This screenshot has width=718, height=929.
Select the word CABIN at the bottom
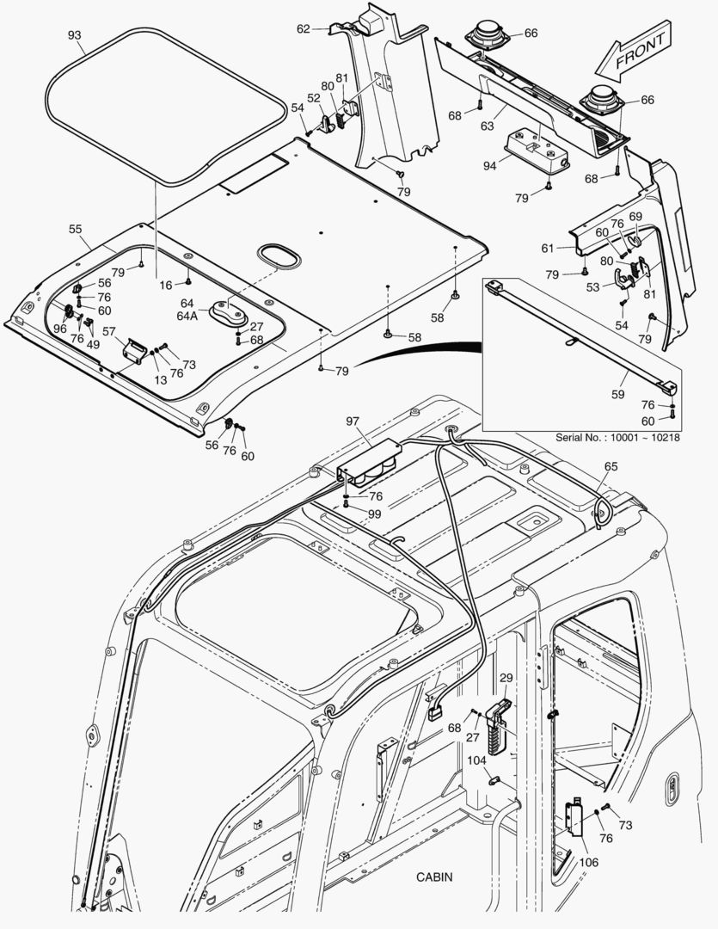pyautogui.click(x=434, y=877)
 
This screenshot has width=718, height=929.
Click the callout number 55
pyautogui.click(x=76, y=229)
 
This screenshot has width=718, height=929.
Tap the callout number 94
pyautogui.click(x=488, y=165)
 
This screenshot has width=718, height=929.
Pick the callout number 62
pyautogui.click(x=304, y=29)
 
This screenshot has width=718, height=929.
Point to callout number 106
pyautogui.click(x=590, y=862)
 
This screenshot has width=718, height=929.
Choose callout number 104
pyautogui.click(x=477, y=760)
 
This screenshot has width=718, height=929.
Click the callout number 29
pyautogui.click(x=506, y=679)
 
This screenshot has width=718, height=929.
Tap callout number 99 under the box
pyautogui.click(x=375, y=514)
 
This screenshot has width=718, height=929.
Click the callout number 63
pyautogui.click(x=487, y=126)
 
